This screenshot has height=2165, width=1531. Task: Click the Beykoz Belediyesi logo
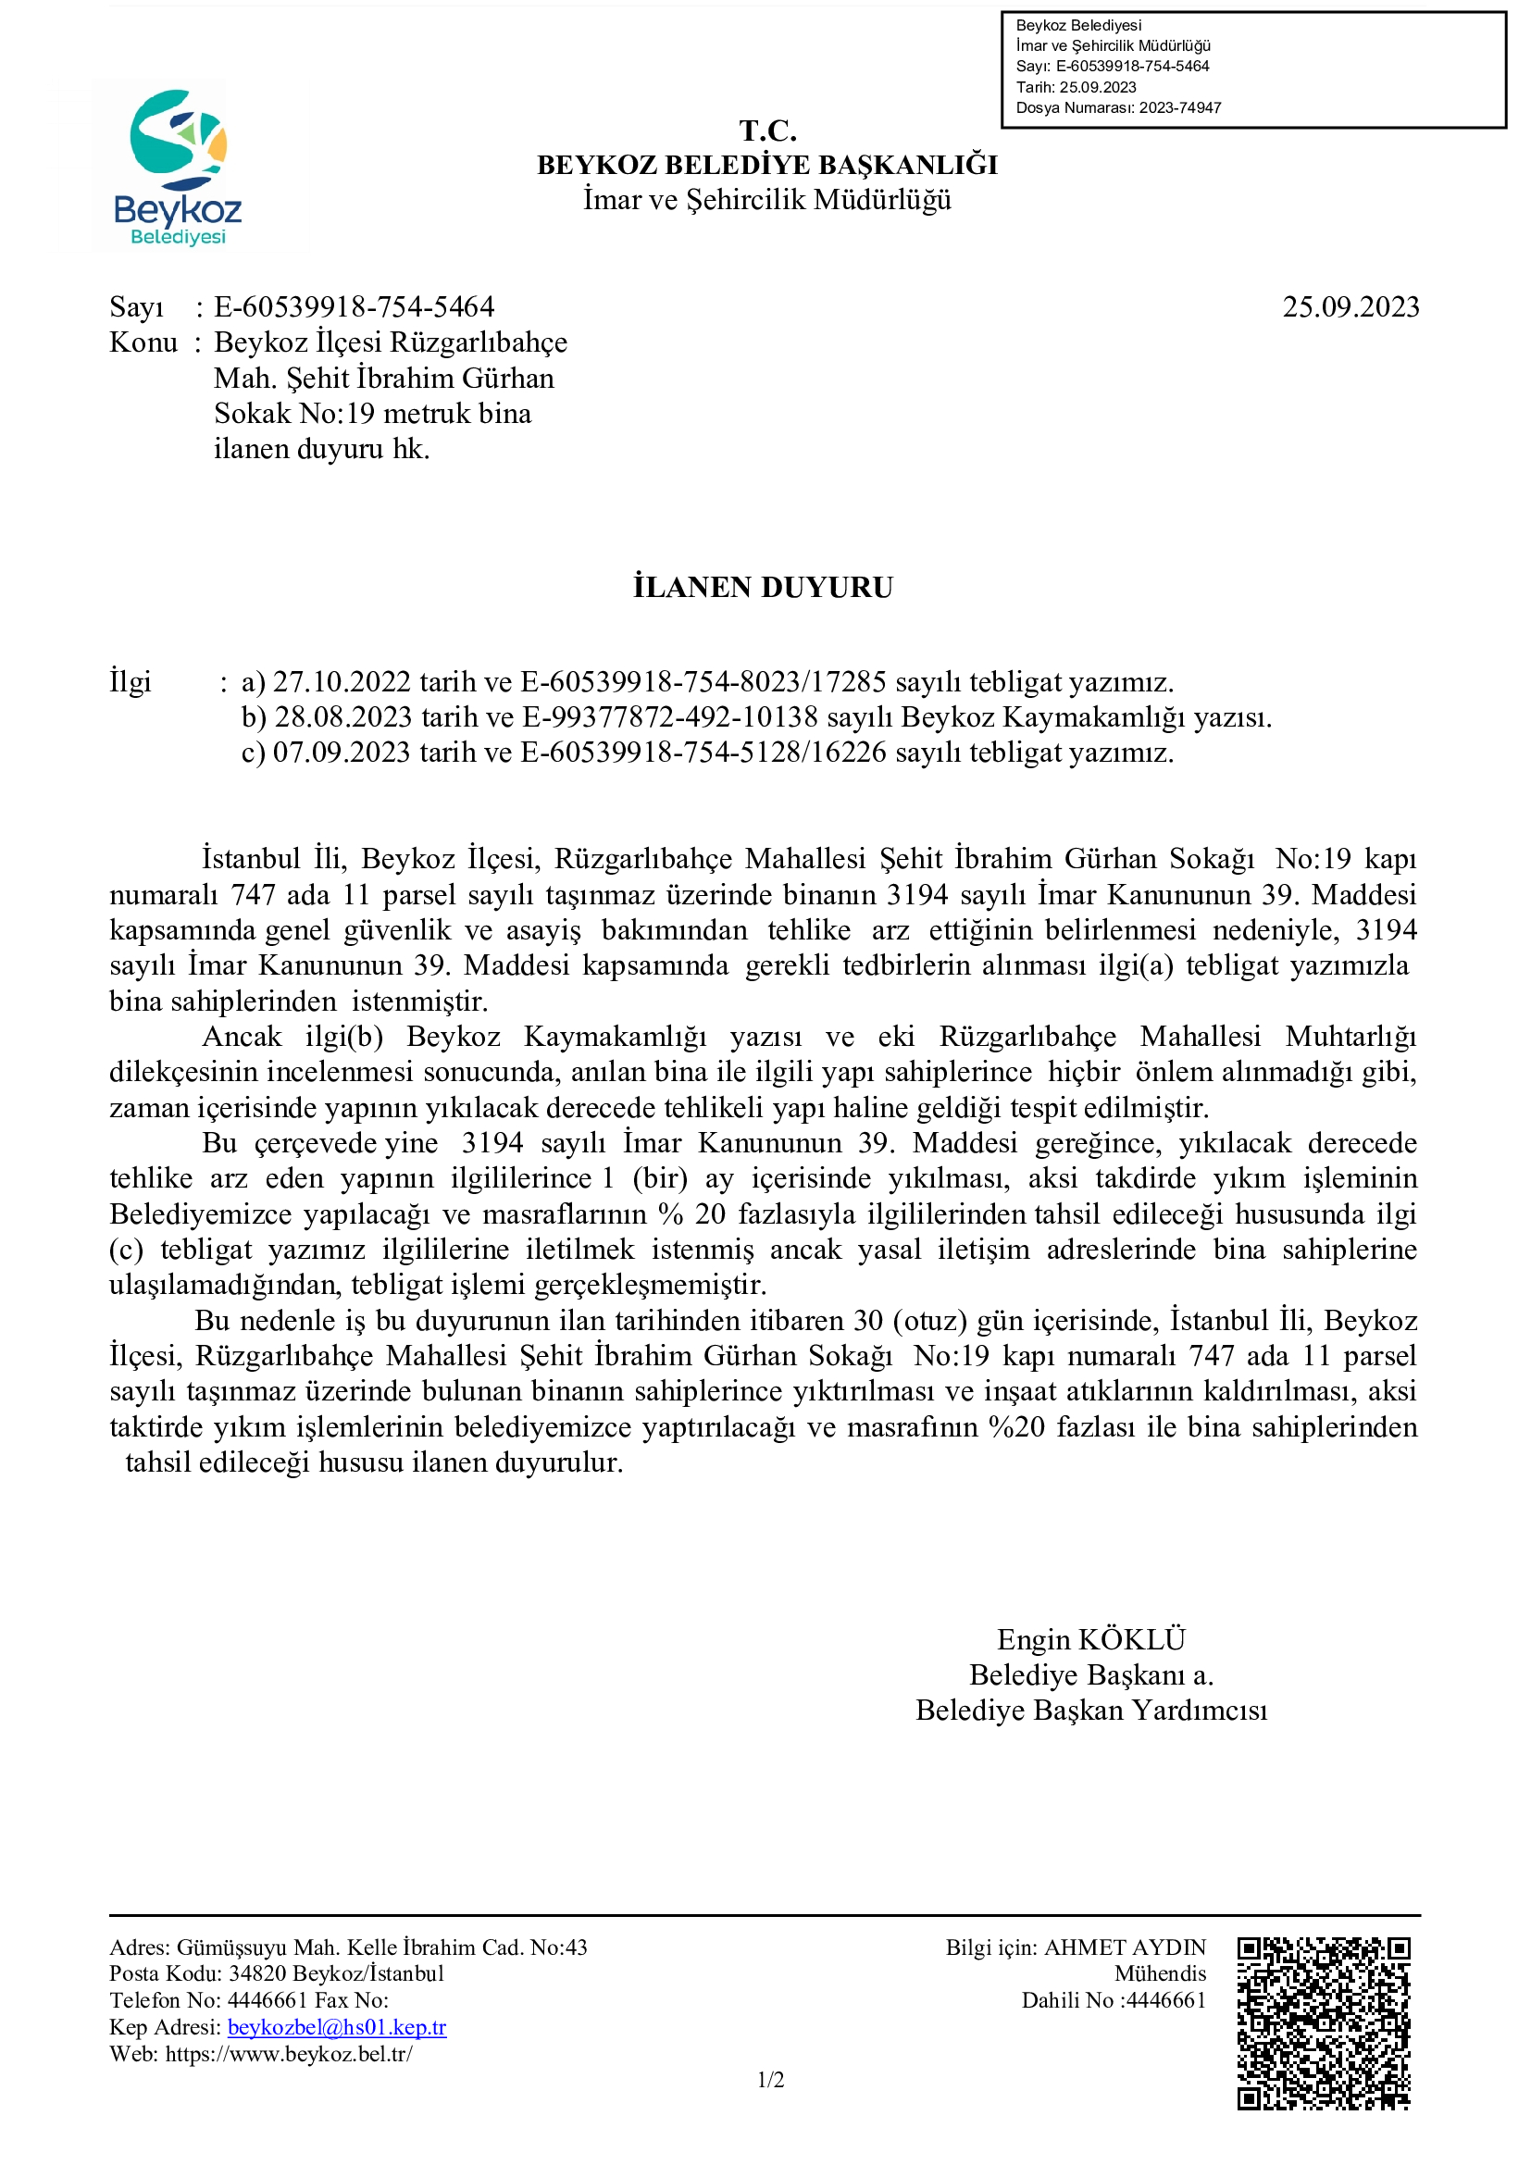[x=176, y=167]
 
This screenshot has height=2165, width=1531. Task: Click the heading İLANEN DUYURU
[x=763, y=588]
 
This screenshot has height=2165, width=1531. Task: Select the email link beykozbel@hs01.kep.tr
[x=337, y=2026]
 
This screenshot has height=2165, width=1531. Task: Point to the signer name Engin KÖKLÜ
[x=1090, y=1640]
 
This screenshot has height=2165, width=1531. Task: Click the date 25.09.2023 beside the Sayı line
[x=1350, y=307]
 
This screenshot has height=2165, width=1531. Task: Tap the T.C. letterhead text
[x=767, y=131]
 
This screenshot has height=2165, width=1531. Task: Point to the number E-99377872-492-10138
[x=670, y=717]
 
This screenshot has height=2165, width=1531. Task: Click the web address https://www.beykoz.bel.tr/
[x=289, y=2053]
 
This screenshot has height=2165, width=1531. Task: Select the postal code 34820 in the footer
[x=257, y=1973]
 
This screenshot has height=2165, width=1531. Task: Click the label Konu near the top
[x=143, y=342]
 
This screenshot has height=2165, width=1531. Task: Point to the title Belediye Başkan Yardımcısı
[x=1090, y=1711]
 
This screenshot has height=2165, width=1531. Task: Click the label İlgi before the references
[x=131, y=682]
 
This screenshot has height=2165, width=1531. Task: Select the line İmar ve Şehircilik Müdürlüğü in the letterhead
[x=766, y=200]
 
